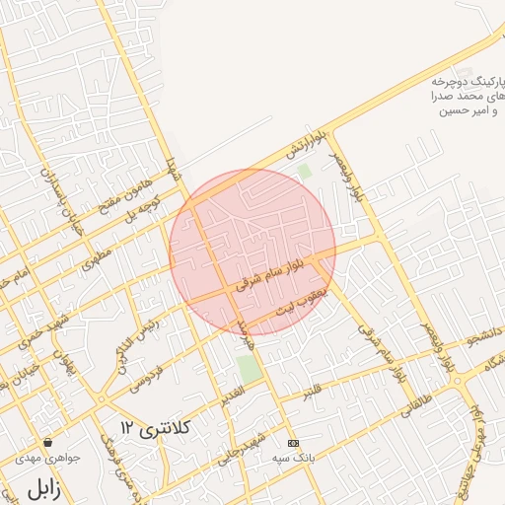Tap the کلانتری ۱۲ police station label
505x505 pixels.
pyautogui.click(x=155, y=427)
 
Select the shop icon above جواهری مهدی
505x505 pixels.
pyautogui.click(x=47, y=442)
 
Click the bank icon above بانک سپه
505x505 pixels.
pyautogui.click(x=291, y=443)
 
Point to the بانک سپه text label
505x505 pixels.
pyautogui.click(x=291, y=458)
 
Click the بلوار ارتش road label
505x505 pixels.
pyautogui.click(x=307, y=145)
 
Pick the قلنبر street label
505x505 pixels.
pyautogui.click(x=312, y=392)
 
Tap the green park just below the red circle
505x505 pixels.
pyautogui.click(x=250, y=370)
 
